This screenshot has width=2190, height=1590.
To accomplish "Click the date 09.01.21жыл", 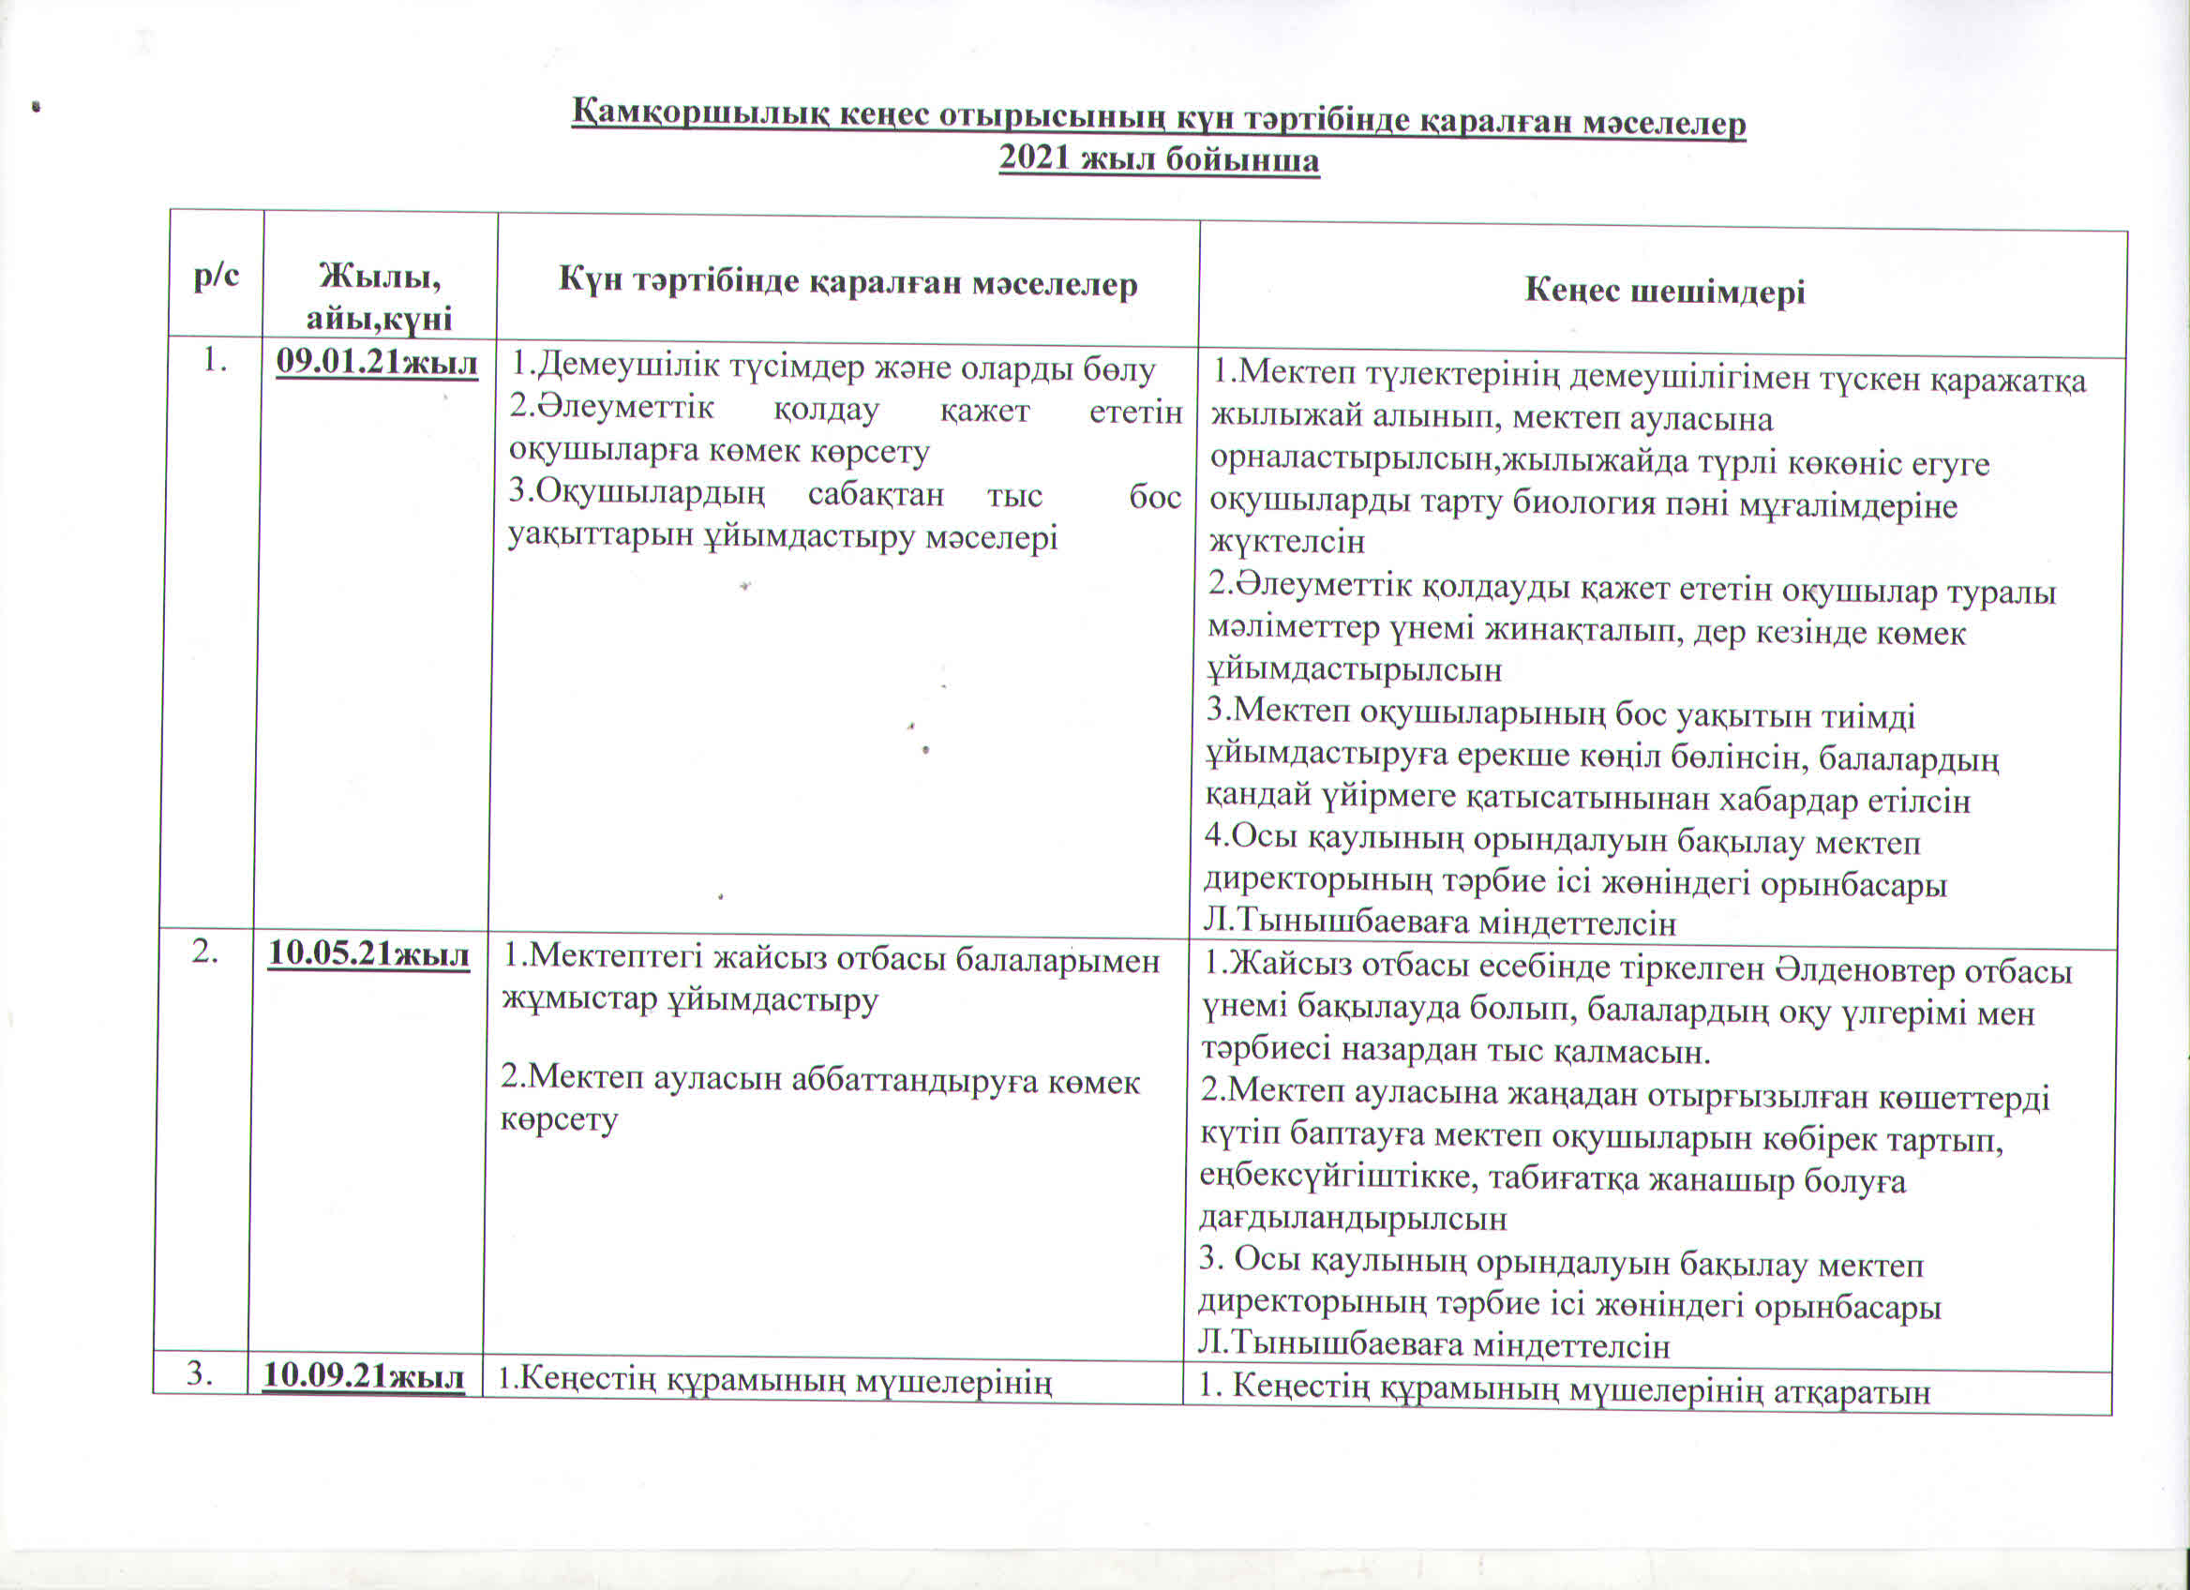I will (377, 364).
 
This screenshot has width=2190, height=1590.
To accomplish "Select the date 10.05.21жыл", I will (368, 953).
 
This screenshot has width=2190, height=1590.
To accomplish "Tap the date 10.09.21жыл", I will (364, 1376).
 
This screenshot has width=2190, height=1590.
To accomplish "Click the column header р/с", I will (217, 277).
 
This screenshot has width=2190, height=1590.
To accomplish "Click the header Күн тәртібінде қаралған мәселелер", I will (847, 283).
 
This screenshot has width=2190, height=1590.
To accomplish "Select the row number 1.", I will (216, 361).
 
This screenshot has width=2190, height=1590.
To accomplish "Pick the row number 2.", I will (203, 952).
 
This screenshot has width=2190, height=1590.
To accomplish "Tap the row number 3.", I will (200, 1374).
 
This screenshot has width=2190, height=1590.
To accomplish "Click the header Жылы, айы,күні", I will (380, 297).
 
